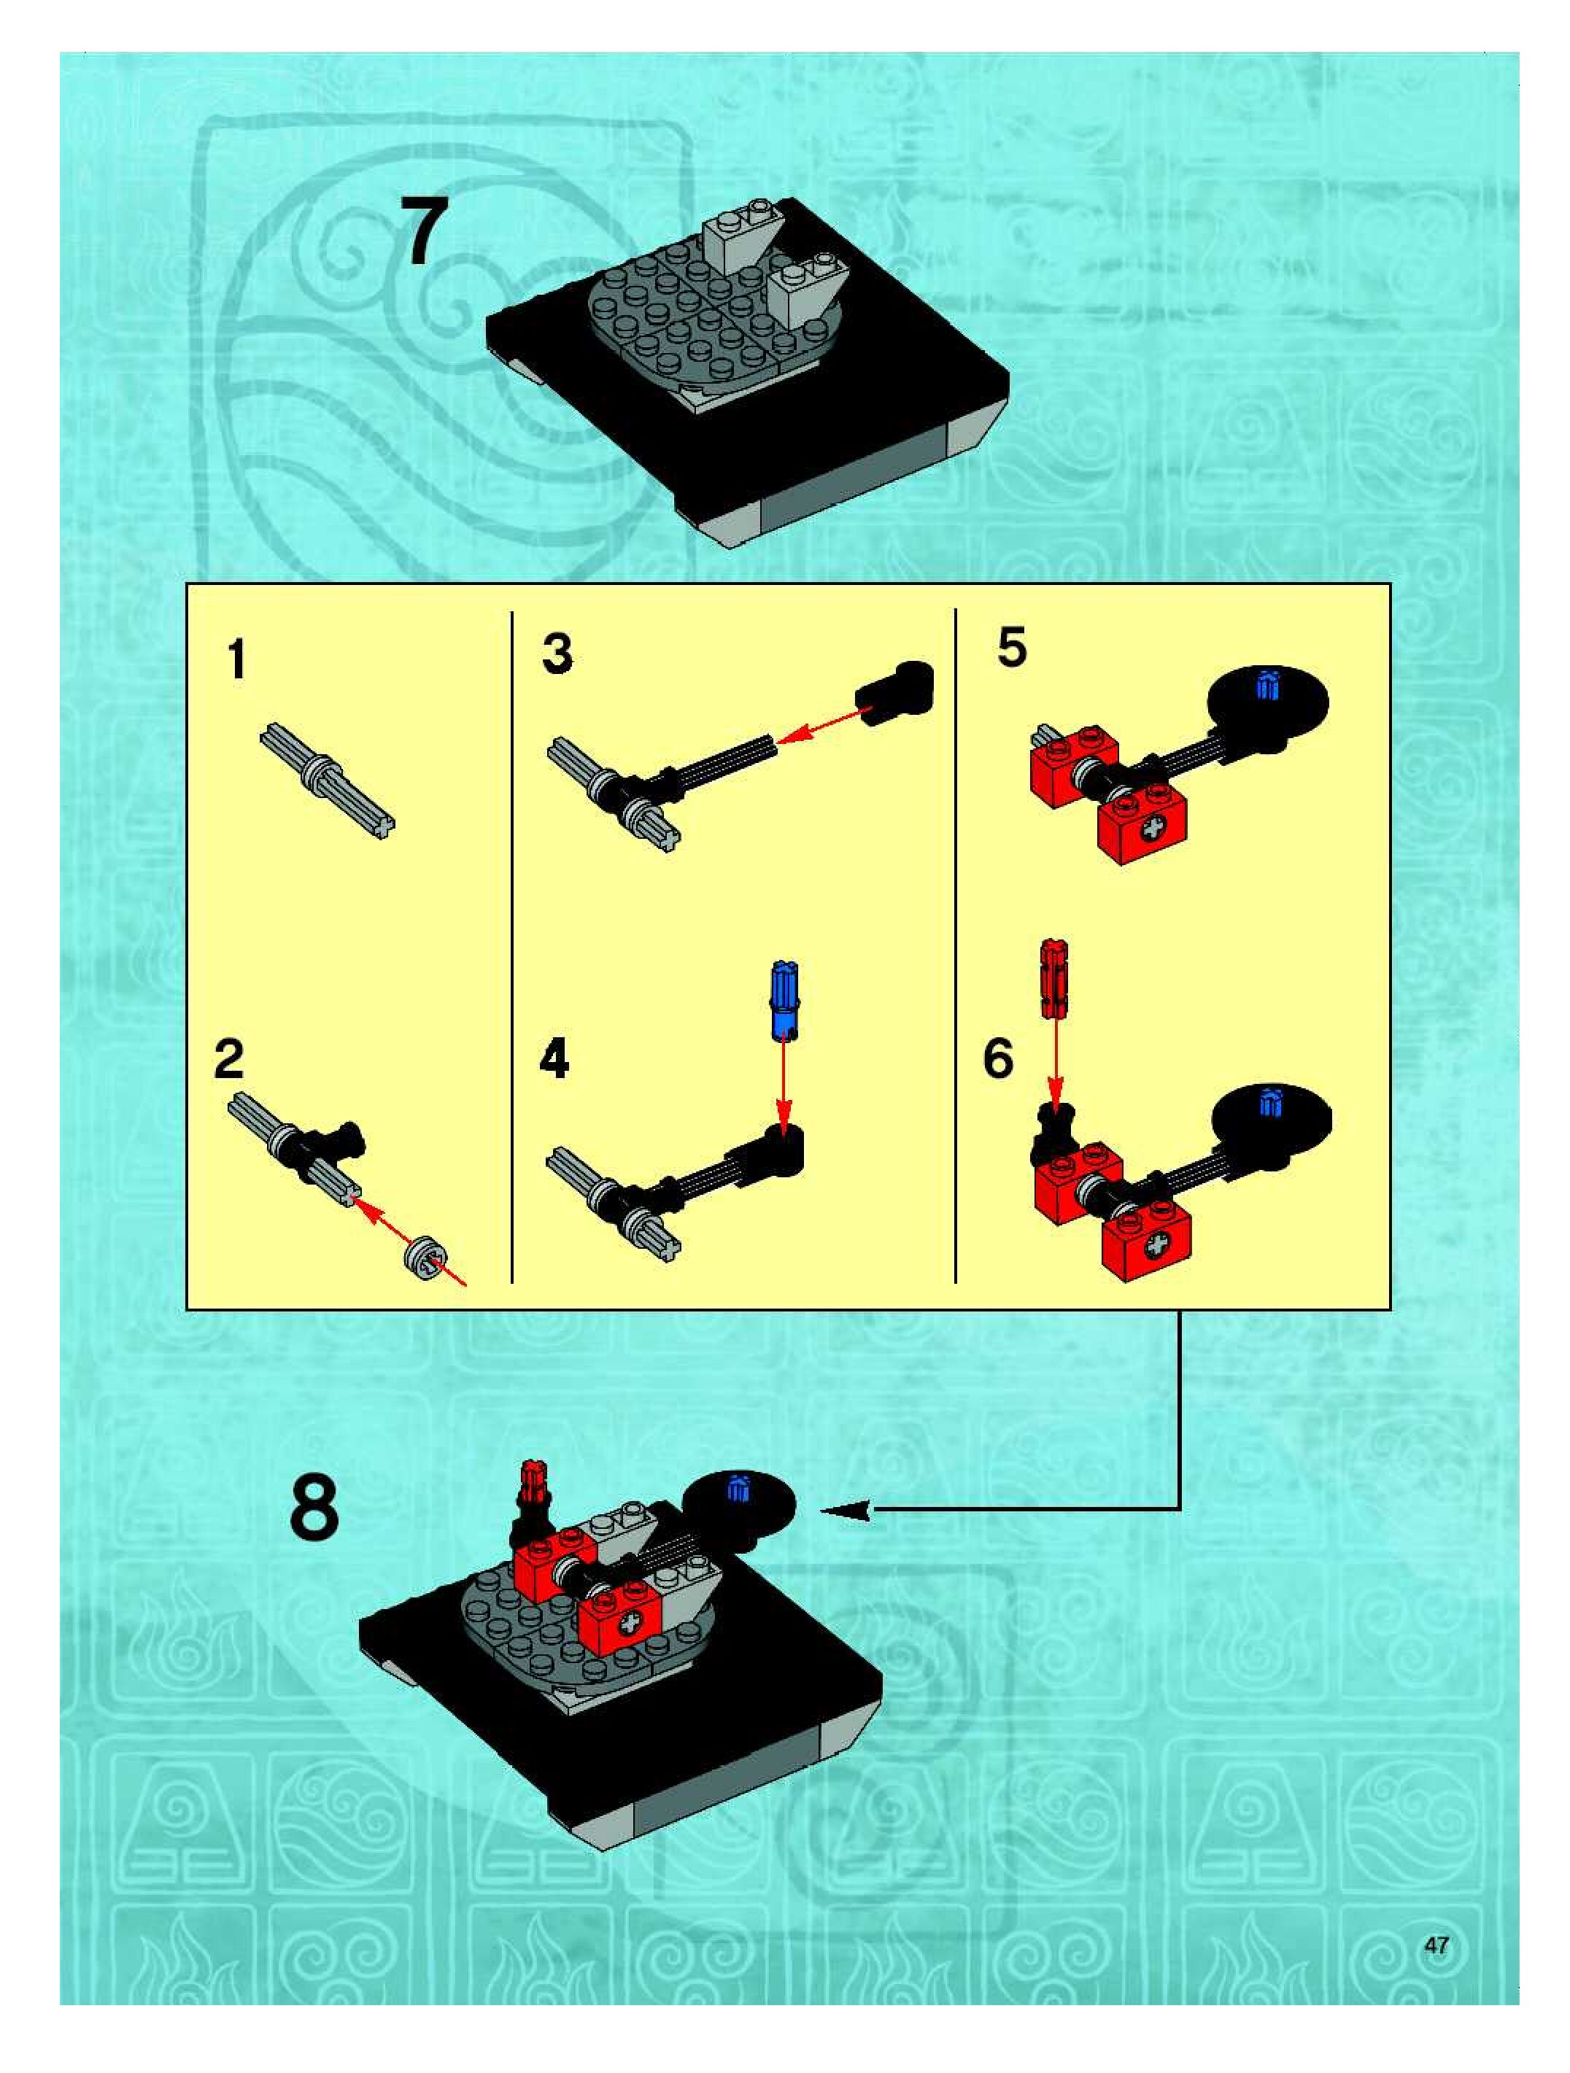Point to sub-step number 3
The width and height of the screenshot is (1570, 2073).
557,654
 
